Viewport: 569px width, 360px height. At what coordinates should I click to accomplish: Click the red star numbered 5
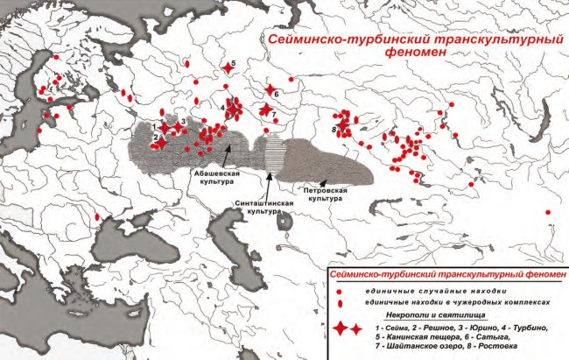(x=228, y=67)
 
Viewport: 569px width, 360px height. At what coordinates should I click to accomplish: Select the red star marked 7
(x=266, y=109)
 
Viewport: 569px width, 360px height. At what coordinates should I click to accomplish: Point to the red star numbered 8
(x=343, y=130)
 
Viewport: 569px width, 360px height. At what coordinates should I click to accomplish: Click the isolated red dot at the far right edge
(x=548, y=212)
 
